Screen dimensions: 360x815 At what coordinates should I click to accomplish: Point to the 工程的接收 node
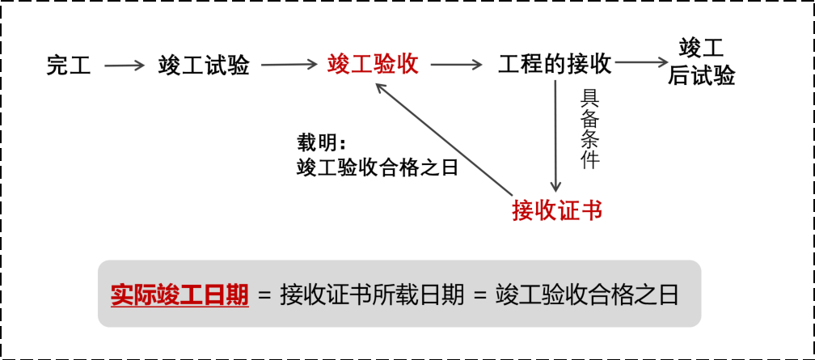point(555,63)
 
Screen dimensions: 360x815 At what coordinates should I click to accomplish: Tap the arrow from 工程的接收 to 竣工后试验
point(642,62)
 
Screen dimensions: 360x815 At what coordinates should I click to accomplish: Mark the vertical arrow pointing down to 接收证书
point(555,138)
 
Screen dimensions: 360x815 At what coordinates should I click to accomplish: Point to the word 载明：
point(322,144)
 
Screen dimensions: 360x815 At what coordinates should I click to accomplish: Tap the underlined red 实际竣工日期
point(179,294)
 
